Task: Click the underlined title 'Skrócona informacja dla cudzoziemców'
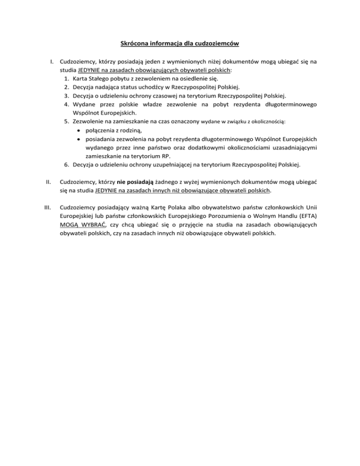(x=180, y=44)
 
